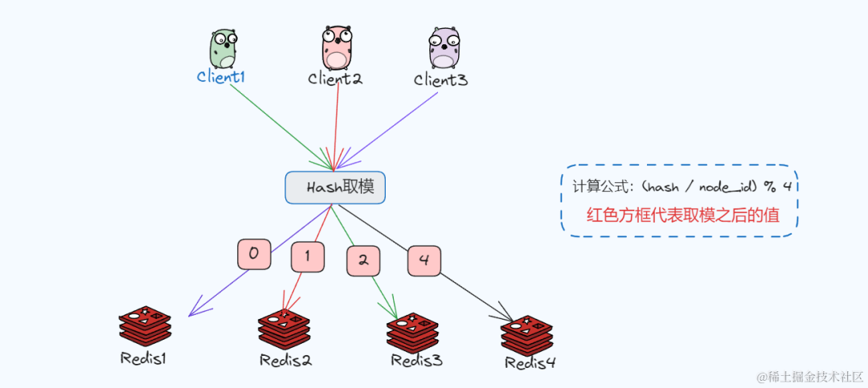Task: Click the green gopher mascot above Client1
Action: tap(223, 49)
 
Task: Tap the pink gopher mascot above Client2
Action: tap(338, 47)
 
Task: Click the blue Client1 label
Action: tap(221, 77)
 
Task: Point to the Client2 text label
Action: tap(335, 79)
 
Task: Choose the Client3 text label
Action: tap(440, 80)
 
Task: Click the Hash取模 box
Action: tap(335, 187)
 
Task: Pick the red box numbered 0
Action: tap(253, 255)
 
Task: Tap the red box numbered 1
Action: tap(309, 258)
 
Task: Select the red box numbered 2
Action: tap(363, 260)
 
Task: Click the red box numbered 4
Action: tap(424, 261)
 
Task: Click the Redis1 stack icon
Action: tap(145, 326)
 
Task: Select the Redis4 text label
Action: tap(530, 362)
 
